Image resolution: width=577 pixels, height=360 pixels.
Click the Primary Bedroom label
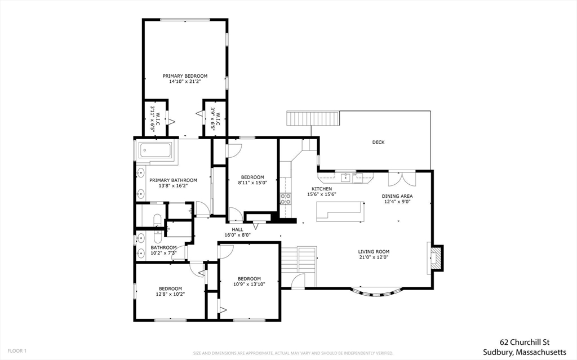pos(185,76)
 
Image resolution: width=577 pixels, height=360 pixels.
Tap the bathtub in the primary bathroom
pos(155,150)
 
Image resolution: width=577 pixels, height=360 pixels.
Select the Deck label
pos(378,142)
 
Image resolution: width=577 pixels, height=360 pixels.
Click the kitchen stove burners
pos(286,199)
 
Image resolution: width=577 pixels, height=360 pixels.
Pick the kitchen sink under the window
pos(345,178)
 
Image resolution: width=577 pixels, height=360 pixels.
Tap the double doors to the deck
pos(402,179)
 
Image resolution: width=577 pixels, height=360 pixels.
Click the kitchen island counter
pos(340,212)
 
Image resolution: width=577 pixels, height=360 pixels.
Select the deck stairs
pos(312,118)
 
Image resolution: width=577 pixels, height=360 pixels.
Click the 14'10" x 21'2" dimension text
pos(185,82)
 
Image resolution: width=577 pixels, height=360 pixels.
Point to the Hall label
pos(237,229)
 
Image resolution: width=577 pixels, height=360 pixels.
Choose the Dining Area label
pos(397,196)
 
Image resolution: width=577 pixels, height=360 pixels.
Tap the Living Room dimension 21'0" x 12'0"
pos(374,257)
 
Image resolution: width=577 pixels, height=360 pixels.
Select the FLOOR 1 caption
pos(17,351)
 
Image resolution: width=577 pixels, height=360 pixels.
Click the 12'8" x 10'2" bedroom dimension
pos(170,294)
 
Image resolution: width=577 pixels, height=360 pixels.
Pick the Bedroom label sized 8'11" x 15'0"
pos(252,177)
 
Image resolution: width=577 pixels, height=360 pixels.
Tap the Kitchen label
pos(322,189)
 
